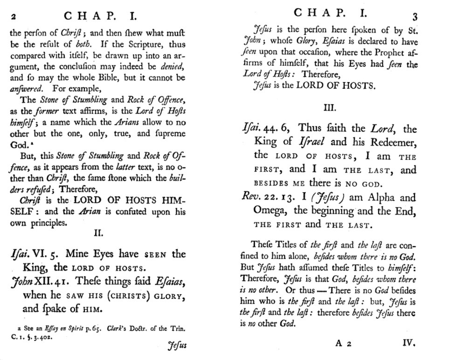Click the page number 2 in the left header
pyautogui.click(x=14, y=17)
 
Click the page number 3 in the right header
pyautogui.click(x=414, y=17)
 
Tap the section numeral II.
pyautogui.click(x=99, y=233)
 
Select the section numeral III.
pyautogui.click(x=330, y=108)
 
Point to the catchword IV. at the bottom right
pyautogui.click(x=409, y=344)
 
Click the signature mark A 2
pyautogui.click(x=344, y=344)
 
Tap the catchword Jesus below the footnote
pyautogui.click(x=177, y=346)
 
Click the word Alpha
pyautogui.click(x=377, y=197)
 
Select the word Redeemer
pyautogui.click(x=389, y=141)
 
